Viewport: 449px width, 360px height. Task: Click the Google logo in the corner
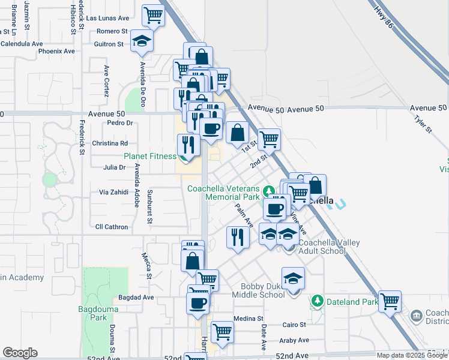coord(20,353)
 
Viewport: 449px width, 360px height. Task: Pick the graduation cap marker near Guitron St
coord(142,40)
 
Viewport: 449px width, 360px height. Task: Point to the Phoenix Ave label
coord(56,51)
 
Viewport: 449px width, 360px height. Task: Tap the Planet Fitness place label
coord(150,156)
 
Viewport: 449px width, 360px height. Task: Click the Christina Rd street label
coord(110,143)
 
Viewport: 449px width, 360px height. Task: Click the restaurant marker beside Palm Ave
coord(237,237)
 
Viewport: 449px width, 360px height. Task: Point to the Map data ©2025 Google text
coord(412,355)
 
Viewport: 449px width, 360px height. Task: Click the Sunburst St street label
coord(150,206)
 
